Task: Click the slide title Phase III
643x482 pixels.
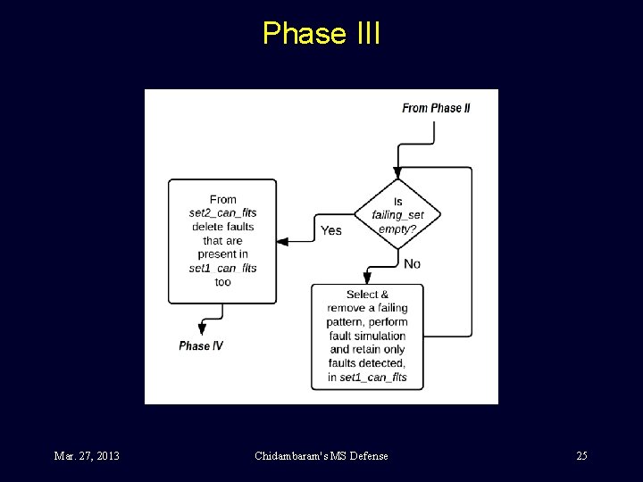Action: coord(321,33)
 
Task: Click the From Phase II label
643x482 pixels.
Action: coord(436,108)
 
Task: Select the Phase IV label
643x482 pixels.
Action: coord(201,345)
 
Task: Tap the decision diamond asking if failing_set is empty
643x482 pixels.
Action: coord(397,215)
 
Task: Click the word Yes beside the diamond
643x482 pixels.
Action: coord(330,230)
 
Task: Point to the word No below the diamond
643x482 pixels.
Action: coord(412,263)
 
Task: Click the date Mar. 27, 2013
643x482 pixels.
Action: coord(87,456)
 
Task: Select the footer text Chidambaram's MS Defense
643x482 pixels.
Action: coord(321,456)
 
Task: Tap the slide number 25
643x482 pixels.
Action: coord(581,456)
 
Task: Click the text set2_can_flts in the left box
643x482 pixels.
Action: coord(222,212)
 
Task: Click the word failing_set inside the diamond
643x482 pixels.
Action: coord(397,215)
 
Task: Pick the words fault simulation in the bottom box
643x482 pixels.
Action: coord(367,336)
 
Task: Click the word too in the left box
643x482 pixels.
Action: coord(222,282)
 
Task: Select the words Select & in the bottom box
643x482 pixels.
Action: coord(367,295)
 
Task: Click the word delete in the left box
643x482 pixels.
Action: coord(208,227)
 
